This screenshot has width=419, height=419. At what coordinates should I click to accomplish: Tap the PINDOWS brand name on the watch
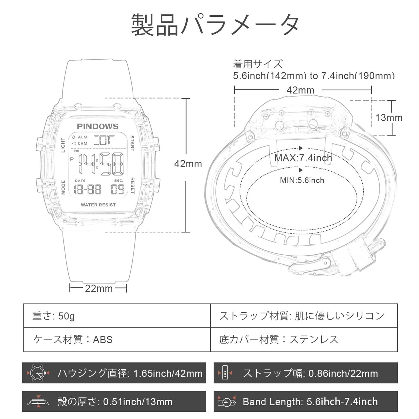tap(98, 127)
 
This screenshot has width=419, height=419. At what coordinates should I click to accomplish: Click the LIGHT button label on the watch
tap(63, 145)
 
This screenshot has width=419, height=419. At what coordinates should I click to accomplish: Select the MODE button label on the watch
tap(63, 187)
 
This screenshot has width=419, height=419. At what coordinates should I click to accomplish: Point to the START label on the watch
tap(132, 143)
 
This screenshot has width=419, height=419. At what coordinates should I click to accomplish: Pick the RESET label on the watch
tap(132, 186)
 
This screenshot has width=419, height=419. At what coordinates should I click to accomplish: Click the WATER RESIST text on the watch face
tap(98, 205)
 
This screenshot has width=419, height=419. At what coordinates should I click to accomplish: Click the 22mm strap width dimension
tap(99, 288)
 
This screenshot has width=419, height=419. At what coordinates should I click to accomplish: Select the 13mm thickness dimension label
tap(389, 118)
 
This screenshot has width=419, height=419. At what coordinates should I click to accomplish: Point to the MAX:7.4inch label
tap(303, 158)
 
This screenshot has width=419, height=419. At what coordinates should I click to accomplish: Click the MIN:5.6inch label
tap(302, 180)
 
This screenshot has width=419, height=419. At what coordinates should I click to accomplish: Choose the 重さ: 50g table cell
tap(117, 316)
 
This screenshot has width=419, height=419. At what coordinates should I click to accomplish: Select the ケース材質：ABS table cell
tap(117, 339)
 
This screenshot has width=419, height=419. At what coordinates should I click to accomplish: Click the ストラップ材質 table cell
tap(304, 316)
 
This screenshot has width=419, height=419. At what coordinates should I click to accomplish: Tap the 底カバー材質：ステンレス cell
tap(304, 339)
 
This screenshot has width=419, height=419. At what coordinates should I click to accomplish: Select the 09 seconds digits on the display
tap(118, 189)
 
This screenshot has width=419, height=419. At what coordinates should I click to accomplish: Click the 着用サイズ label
tap(258, 64)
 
